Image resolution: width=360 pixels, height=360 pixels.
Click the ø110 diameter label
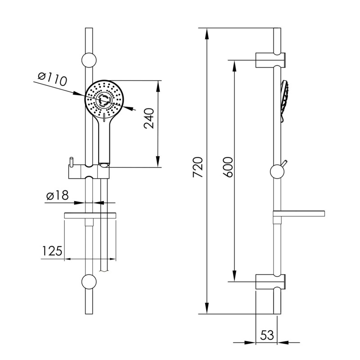52,80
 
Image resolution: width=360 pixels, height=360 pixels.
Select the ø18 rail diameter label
57,196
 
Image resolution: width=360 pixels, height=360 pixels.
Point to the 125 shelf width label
52,251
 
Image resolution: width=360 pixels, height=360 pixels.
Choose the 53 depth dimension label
267,335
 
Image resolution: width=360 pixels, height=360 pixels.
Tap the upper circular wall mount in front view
88,59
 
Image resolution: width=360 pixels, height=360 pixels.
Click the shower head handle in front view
103,139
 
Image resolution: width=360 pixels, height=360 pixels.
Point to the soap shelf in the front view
90,216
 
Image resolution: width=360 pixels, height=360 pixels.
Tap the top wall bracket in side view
270,60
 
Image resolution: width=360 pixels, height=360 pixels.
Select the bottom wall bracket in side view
270,281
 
